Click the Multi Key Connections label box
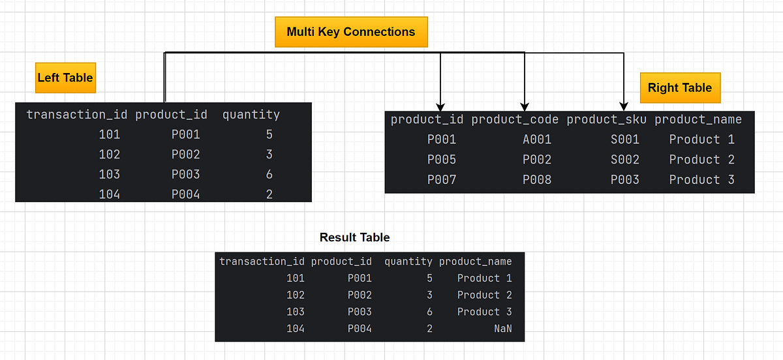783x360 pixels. click(x=351, y=32)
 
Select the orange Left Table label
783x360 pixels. click(x=65, y=78)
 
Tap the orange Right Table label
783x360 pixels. click(x=679, y=88)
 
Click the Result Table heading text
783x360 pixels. click(x=354, y=237)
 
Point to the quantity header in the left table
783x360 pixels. click(x=251, y=115)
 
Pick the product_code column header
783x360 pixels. click(x=515, y=119)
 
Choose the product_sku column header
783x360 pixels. click(x=606, y=119)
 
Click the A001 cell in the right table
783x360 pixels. click(x=536, y=140)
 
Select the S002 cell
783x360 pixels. click(x=624, y=160)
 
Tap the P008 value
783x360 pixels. click(x=536, y=180)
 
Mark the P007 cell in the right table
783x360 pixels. click(x=442, y=180)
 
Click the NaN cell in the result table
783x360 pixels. click(x=502, y=329)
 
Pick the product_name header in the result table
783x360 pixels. click(x=475, y=262)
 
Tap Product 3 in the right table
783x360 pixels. click(x=701, y=180)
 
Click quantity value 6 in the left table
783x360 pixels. click(x=269, y=175)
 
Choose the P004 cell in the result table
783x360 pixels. click(x=360, y=329)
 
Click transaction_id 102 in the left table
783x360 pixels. click(x=109, y=155)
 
